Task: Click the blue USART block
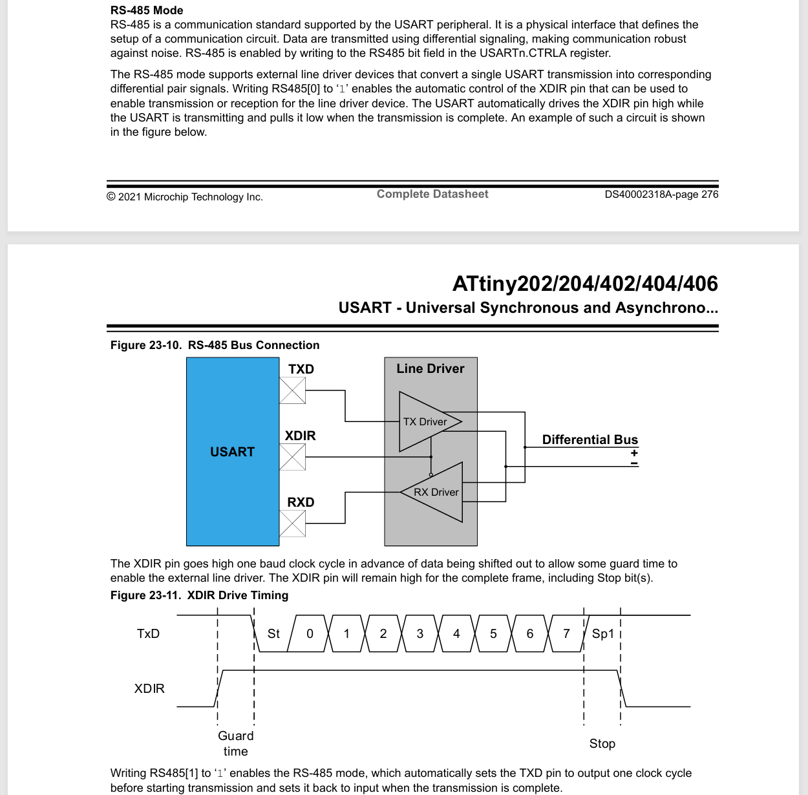pyautogui.click(x=233, y=451)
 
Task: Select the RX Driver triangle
pyautogui.click(x=436, y=492)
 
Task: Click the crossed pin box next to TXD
pyautogui.click(x=292, y=391)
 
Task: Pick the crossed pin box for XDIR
pyautogui.click(x=292, y=457)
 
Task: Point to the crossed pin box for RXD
pyautogui.click(x=292, y=524)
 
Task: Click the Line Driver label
pyautogui.click(x=431, y=368)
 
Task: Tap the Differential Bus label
pyautogui.click(x=590, y=440)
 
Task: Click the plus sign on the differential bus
pyautogui.click(x=634, y=452)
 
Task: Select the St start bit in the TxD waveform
pyautogui.click(x=273, y=633)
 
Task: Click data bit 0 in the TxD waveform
pyautogui.click(x=310, y=633)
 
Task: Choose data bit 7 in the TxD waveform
pyautogui.click(x=566, y=633)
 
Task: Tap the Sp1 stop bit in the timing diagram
pyautogui.click(x=602, y=633)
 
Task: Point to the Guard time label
pyautogui.click(x=235, y=743)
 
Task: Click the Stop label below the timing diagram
pyautogui.click(x=602, y=743)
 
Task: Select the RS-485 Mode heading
pyautogui.click(x=147, y=10)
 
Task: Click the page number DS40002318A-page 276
pyautogui.click(x=661, y=195)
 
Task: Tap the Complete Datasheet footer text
pyautogui.click(x=432, y=194)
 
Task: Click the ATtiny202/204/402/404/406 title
pyautogui.click(x=585, y=284)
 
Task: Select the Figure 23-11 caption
pyautogui.click(x=199, y=595)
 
